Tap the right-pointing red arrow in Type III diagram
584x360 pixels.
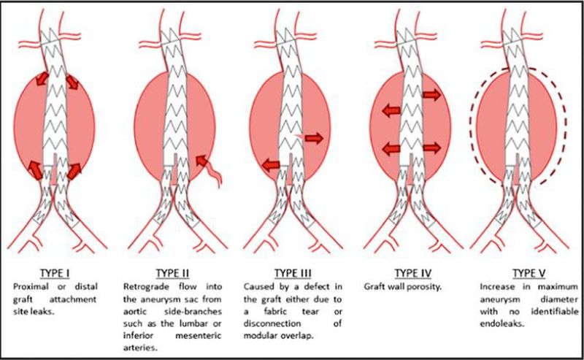click(315, 137)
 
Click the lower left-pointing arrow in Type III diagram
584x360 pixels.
click(270, 164)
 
